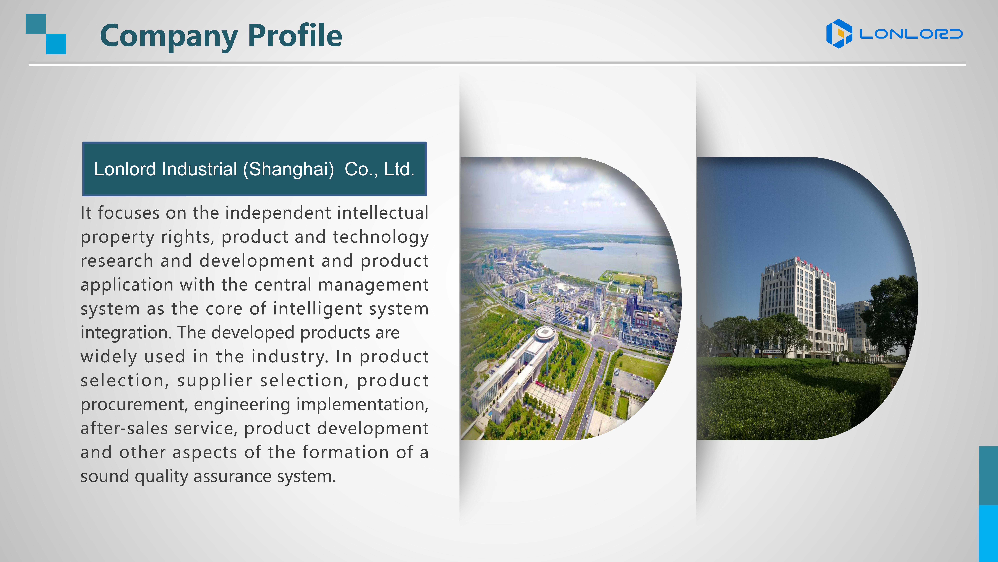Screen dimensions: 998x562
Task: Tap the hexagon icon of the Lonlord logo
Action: point(839,34)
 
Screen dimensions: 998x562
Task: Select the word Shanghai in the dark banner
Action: point(289,170)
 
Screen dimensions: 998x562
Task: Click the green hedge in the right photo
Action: point(794,400)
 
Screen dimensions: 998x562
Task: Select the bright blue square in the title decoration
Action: point(56,44)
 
